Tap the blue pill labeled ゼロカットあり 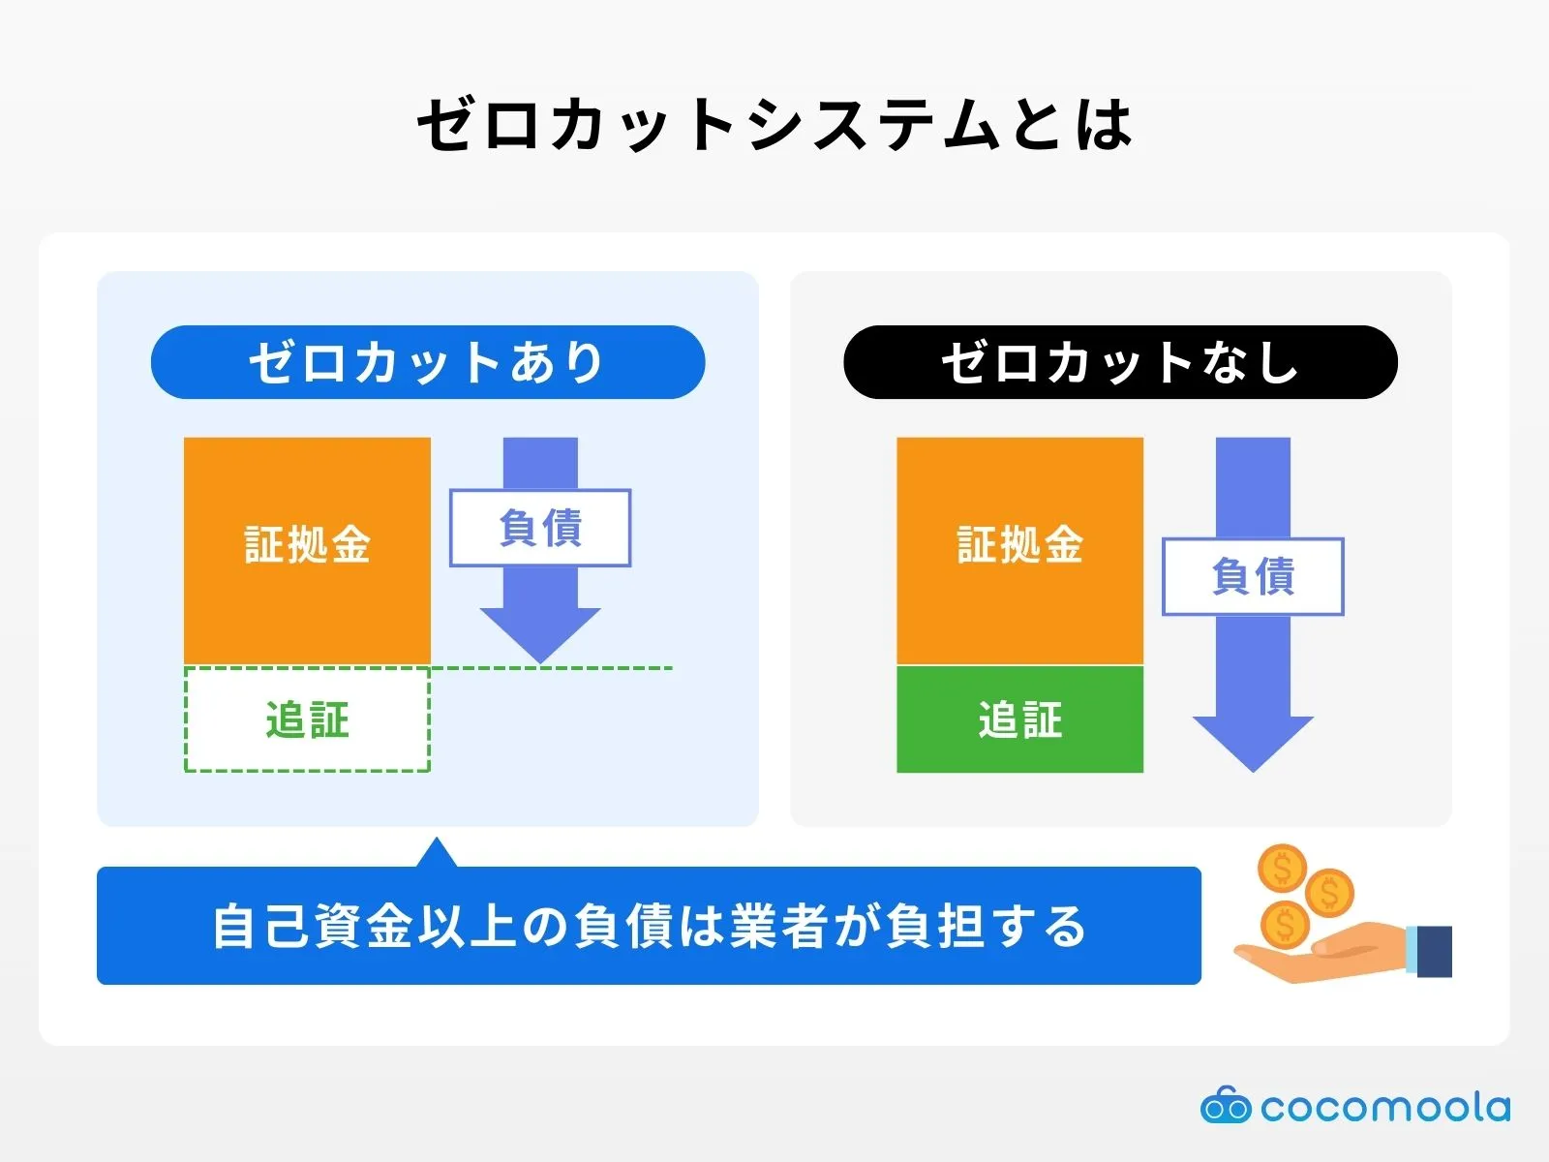coord(428,362)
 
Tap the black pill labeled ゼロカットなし coord(1120,362)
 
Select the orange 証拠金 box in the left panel coord(307,549)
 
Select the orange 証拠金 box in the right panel coord(1019,549)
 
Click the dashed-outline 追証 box coord(307,719)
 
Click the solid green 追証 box coord(1019,719)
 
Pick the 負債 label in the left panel coord(540,528)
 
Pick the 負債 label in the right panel coord(1253,577)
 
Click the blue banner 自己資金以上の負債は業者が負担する coord(649,926)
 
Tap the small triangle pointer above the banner coord(437,855)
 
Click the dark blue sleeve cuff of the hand coord(1434,951)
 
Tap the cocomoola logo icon coord(1225,1106)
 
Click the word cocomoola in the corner coord(1384,1107)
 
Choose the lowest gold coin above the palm coord(1284,924)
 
